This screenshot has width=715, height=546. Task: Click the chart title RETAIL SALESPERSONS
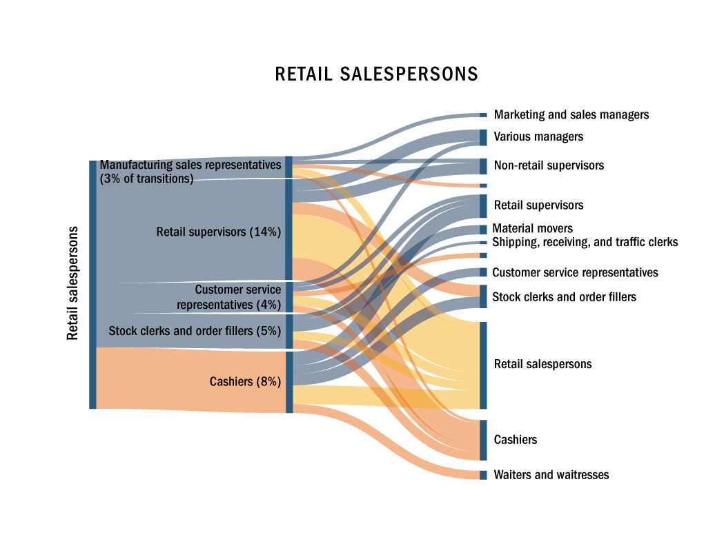pos(376,74)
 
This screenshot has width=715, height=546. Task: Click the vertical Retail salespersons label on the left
pos(72,283)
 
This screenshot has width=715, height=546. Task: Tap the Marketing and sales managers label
pos(571,114)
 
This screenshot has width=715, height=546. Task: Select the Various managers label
pos(538,136)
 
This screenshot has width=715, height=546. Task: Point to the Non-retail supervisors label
pos(549,165)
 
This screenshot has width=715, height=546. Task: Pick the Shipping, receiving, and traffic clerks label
pos(585,242)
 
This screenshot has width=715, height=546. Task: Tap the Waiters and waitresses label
pos(551,475)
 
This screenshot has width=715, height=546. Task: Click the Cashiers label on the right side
pos(515,440)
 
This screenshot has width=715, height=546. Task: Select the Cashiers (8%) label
pos(245,381)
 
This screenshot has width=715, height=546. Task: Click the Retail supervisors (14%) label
pos(219,232)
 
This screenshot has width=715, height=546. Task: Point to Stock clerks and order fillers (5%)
pos(195,331)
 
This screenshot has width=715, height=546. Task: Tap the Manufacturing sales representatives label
pos(190,165)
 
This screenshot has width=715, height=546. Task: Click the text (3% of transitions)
pos(146,179)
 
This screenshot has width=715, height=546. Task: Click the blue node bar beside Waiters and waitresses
pos(483,475)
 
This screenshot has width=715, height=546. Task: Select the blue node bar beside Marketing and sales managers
pos(483,114)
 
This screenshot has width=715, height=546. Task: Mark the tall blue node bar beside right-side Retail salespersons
pos(483,365)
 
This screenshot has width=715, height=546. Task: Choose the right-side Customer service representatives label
pos(575,272)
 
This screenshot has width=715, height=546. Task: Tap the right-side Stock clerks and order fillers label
pos(564,297)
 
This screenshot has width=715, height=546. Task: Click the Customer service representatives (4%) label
pos(229,297)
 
